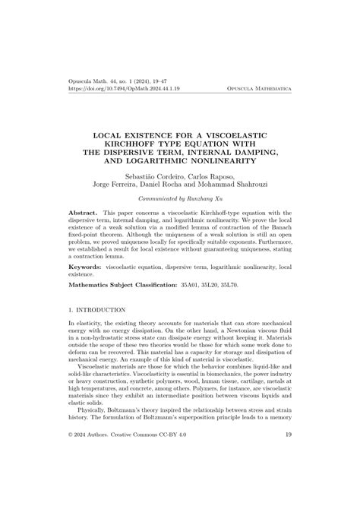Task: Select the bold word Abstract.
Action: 84,214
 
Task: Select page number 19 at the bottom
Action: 288,477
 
